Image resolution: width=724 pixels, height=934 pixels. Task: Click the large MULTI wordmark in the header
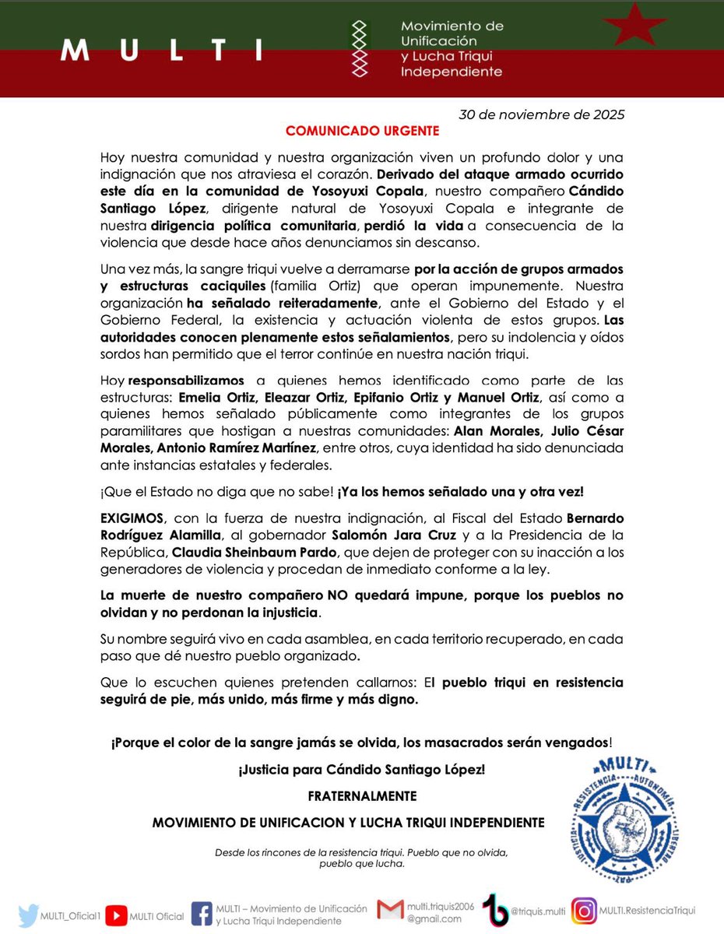[162, 50]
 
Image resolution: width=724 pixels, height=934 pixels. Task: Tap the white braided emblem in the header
[359, 48]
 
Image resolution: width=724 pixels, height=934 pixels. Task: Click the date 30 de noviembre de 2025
[542, 114]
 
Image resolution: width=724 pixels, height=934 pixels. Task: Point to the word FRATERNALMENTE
[361, 796]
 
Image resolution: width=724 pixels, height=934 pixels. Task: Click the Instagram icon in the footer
[585, 910]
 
